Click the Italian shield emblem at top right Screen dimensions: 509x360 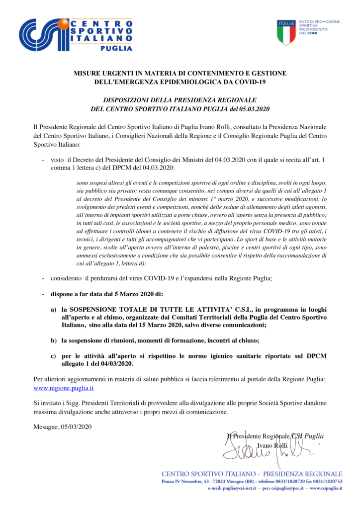click(286, 32)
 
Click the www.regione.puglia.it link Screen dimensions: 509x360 click(64, 388)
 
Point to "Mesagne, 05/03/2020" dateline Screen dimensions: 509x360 click(63, 427)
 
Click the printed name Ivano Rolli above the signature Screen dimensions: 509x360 click(270, 445)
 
